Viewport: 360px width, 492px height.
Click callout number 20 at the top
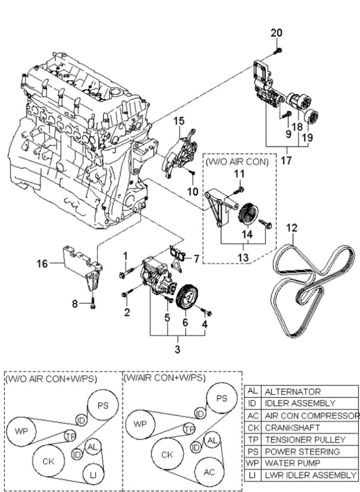(276, 33)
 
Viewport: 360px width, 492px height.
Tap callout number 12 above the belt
(291, 227)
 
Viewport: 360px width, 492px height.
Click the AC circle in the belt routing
(209, 472)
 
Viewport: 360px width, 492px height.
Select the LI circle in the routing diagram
(92, 474)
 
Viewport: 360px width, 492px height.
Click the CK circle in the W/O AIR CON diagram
(48, 461)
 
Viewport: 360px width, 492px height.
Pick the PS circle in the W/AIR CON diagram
(222, 398)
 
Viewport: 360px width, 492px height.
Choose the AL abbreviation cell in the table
(252, 392)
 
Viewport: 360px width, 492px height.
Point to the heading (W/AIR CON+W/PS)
(164, 378)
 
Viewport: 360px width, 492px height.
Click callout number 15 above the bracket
(180, 120)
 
